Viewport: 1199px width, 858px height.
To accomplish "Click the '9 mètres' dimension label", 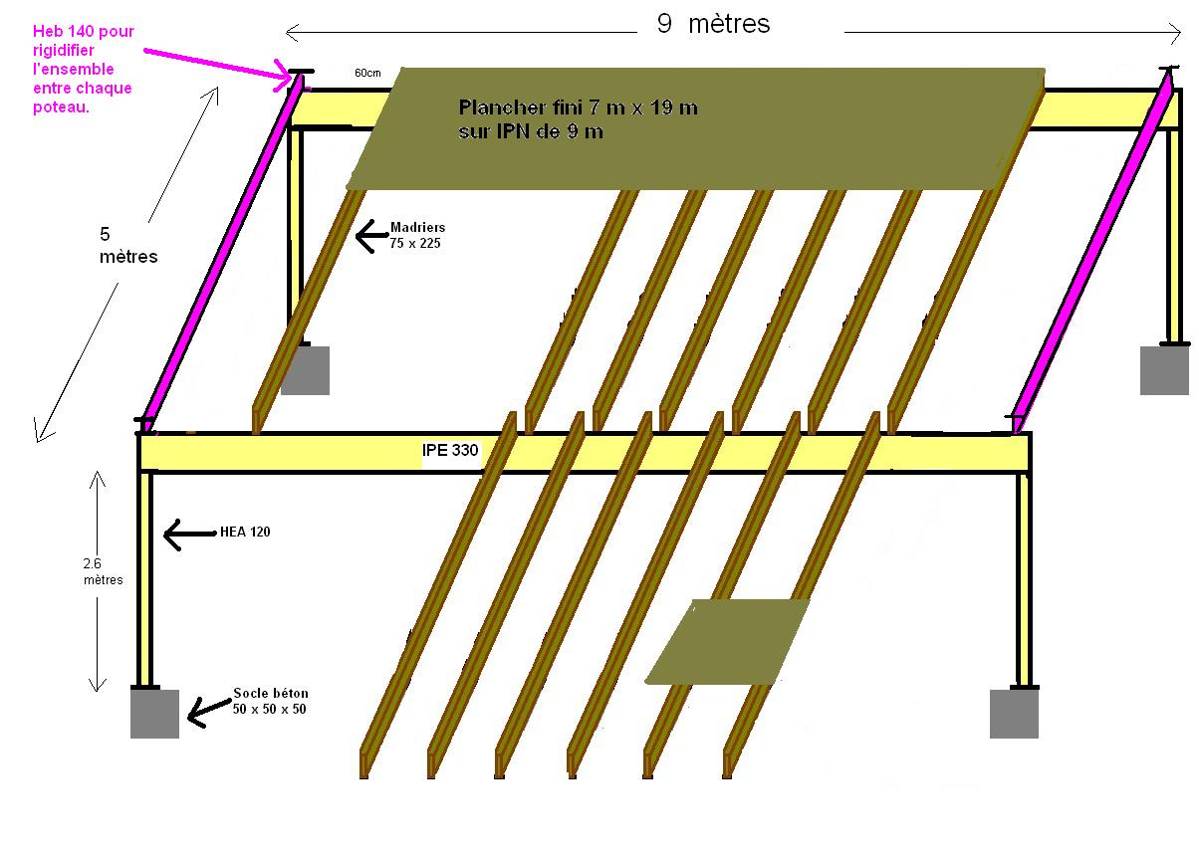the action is (x=713, y=25).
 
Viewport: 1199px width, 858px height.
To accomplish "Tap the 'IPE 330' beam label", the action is (x=450, y=451).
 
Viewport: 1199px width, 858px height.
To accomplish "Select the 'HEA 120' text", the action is (x=244, y=533).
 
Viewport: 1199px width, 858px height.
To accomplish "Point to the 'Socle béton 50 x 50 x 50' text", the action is (x=271, y=700).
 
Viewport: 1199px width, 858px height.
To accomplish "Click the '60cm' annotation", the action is (x=367, y=73).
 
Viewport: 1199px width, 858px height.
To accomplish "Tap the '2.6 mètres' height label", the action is (x=103, y=571).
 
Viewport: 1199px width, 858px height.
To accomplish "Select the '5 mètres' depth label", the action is (x=127, y=246).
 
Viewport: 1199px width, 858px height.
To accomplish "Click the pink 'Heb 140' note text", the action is (x=83, y=70).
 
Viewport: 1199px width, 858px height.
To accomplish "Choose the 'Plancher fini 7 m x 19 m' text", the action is (x=578, y=119).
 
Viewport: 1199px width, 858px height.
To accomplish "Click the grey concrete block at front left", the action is (x=154, y=714).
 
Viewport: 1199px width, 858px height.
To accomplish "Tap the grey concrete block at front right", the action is (x=1014, y=714).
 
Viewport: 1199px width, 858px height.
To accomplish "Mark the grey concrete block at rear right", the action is (x=1164, y=369).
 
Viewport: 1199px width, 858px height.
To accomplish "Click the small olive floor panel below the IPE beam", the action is (x=727, y=642).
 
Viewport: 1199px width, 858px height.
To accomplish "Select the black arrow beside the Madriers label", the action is (x=371, y=236).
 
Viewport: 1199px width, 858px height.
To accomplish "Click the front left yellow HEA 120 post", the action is (x=145, y=577).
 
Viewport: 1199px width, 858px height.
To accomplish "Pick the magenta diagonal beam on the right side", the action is (x=1090, y=249).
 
